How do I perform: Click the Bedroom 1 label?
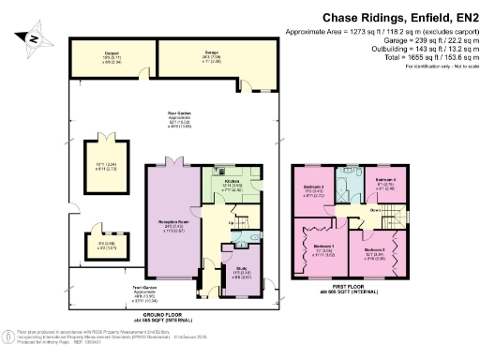(320, 250)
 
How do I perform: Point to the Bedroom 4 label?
(386, 180)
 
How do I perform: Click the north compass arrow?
(32, 38)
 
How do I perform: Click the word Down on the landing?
(349, 211)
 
